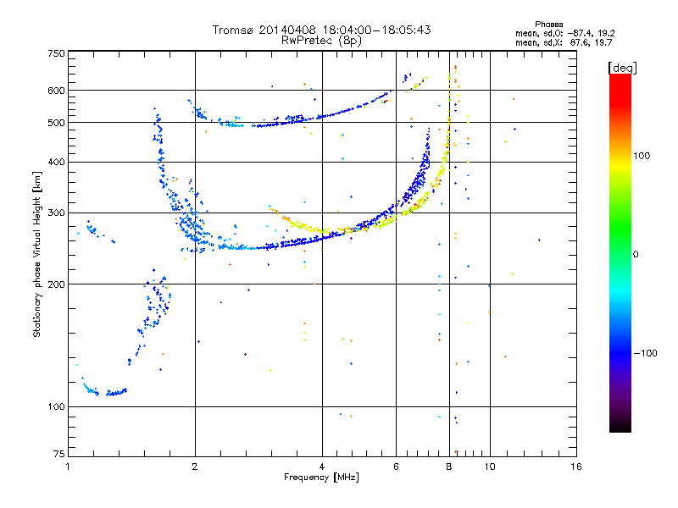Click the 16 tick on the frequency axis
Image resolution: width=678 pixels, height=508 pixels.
[575, 467]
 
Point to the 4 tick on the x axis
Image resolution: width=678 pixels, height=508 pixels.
[321, 467]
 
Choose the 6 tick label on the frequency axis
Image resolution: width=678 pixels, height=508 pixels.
[396, 467]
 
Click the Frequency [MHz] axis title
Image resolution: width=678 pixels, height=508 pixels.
[321, 478]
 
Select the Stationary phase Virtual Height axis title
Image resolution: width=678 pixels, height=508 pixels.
[37, 254]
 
